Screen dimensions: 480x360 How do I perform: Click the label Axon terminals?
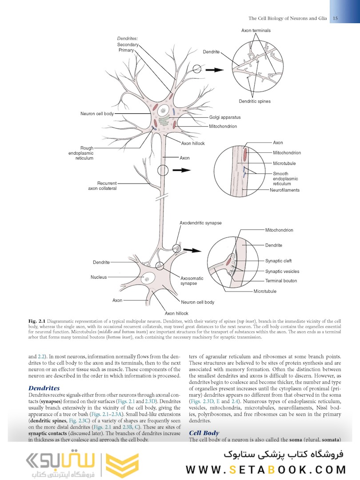click(256, 31)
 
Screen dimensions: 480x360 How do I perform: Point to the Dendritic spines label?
click(254, 101)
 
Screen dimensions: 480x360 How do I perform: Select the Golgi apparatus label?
click(225, 117)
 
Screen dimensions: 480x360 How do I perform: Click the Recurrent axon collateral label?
click(102, 186)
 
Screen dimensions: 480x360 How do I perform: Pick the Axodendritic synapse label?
click(200, 223)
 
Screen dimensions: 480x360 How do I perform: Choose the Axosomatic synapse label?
click(192, 281)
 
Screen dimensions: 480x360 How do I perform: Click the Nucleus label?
click(99, 277)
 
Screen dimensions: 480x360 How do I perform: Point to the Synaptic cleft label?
click(279, 261)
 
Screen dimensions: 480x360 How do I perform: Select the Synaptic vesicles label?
click(282, 271)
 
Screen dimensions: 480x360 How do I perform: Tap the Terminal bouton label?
click(281, 281)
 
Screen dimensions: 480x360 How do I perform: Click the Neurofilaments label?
click(284, 190)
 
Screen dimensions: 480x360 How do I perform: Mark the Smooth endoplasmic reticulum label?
click(285, 179)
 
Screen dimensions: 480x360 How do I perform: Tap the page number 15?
click(335, 18)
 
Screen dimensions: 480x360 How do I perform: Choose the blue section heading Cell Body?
click(204, 432)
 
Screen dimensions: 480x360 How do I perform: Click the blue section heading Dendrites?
click(44, 388)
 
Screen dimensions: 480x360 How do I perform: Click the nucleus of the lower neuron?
click(146, 279)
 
